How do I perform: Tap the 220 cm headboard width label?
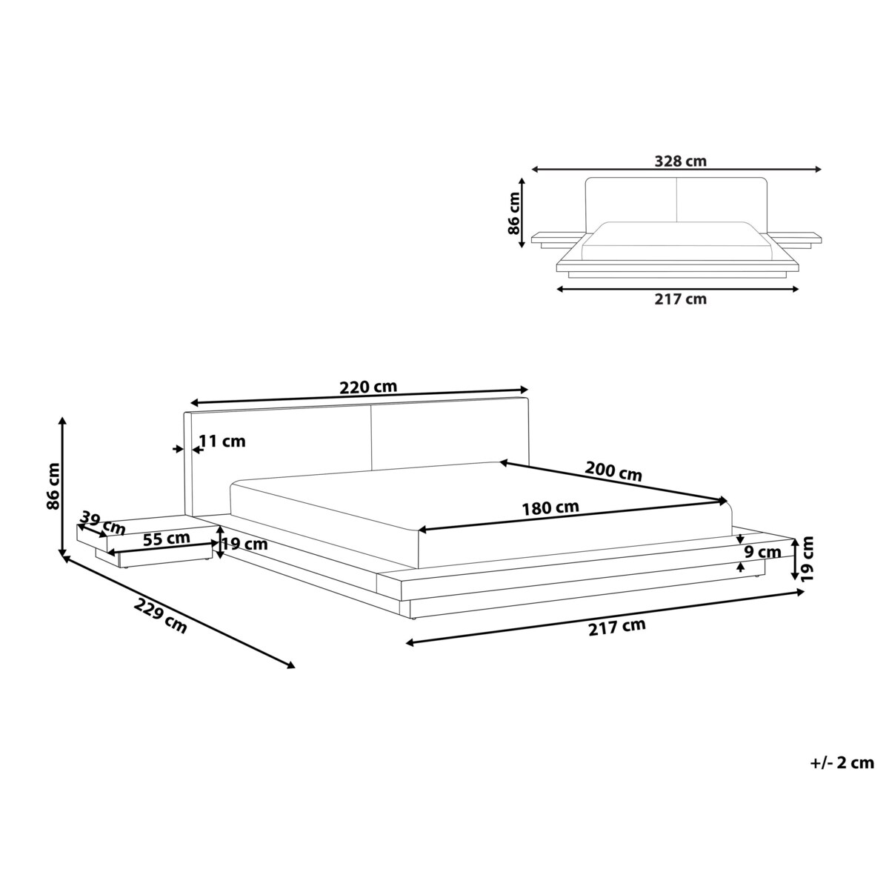368,387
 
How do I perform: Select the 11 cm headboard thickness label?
222,442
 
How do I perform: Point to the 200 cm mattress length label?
613,471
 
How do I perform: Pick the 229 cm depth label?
161,614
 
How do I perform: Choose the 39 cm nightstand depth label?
104,523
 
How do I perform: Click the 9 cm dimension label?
763,552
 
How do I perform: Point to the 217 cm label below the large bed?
617,627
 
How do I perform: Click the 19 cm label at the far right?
808,557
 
